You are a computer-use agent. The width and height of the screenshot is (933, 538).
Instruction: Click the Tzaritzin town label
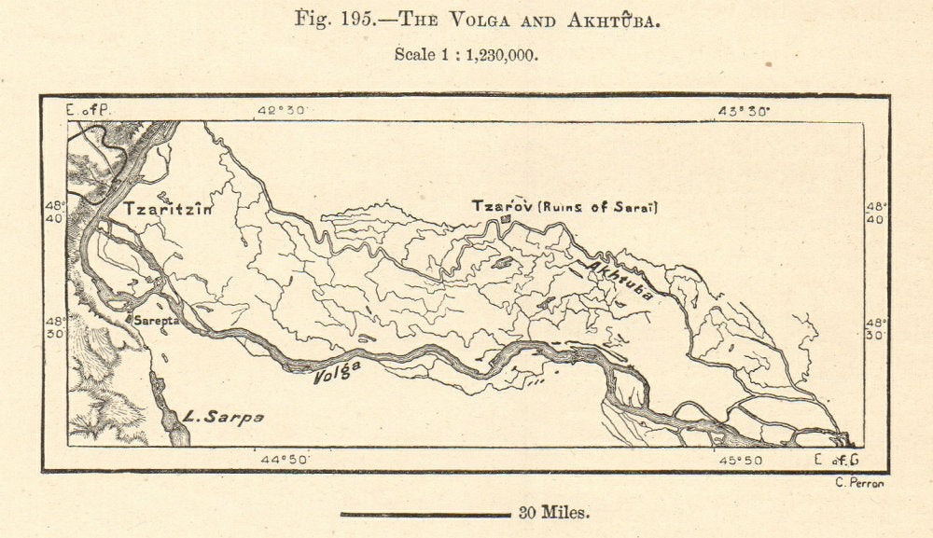click(x=168, y=210)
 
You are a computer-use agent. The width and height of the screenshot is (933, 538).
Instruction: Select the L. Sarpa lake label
click(x=223, y=417)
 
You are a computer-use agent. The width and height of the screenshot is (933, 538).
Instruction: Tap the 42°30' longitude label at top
click(x=283, y=111)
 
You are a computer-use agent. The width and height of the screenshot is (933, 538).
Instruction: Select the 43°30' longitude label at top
click(x=743, y=111)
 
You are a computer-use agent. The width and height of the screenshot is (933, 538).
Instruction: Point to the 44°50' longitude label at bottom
click(x=285, y=459)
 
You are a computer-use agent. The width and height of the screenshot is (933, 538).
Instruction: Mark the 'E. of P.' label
click(x=88, y=111)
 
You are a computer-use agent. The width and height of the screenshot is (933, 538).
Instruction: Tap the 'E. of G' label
click(x=836, y=459)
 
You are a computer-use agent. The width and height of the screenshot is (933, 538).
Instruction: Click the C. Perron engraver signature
click(x=856, y=482)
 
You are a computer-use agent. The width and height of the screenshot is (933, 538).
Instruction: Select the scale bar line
click(x=425, y=513)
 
